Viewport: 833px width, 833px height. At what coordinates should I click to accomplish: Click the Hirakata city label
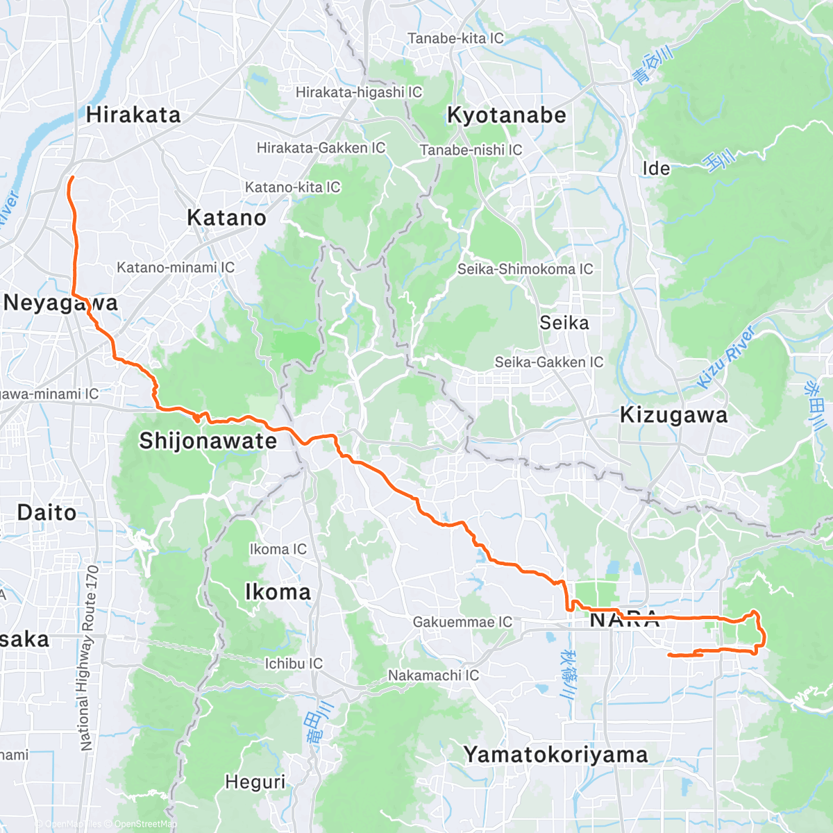pyautogui.click(x=133, y=115)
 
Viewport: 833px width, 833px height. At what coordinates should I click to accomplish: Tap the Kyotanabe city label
pyautogui.click(x=507, y=115)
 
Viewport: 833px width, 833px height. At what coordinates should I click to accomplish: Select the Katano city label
pyautogui.click(x=227, y=218)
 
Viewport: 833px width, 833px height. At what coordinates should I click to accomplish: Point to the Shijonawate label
pyautogui.click(x=208, y=441)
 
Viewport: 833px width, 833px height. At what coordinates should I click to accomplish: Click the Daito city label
pyautogui.click(x=47, y=513)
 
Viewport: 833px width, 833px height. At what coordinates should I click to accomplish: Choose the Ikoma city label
pyautogui.click(x=278, y=592)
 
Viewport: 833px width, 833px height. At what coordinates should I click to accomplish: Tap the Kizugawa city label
pyautogui.click(x=673, y=415)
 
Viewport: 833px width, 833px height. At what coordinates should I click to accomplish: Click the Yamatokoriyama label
pyautogui.click(x=555, y=755)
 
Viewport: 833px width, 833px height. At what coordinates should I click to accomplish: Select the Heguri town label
pyautogui.click(x=255, y=782)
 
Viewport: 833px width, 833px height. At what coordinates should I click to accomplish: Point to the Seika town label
pyautogui.click(x=564, y=323)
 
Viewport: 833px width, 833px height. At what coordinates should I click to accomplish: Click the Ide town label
pyautogui.click(x=656, y=169)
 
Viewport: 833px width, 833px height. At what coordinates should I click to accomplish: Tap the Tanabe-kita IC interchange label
pyautogui.click(x=455, y=38)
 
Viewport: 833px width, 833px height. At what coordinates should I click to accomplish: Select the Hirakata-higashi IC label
pyautogui.click(x=359, y=92)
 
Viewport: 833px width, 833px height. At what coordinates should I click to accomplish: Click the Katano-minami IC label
pyautogui.click(x=176, y=267)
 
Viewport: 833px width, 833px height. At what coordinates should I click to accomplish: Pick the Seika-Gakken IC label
pyautogui.click(x=548, y=362)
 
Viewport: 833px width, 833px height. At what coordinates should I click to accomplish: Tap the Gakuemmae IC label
pyautogui.click(x=462, y=622)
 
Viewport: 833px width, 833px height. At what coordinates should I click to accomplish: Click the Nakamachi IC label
pyautogui.click(x=433, y=675)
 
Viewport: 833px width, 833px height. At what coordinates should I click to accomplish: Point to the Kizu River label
pyautogui.click(x=726, y=358)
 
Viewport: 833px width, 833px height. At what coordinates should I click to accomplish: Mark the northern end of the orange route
pyautogui.click(x=71, y=178)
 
